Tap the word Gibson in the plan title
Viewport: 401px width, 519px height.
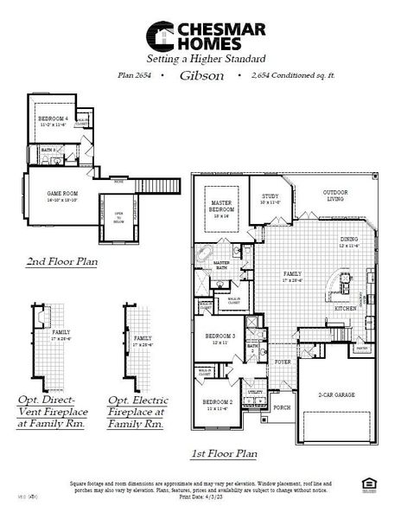point(202,76)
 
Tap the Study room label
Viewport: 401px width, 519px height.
point(269,199)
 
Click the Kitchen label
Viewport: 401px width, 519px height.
point(345,308)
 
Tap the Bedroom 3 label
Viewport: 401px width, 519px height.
point(220,339)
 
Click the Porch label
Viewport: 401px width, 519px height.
point(281,407)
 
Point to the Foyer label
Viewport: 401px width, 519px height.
point(283,362)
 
